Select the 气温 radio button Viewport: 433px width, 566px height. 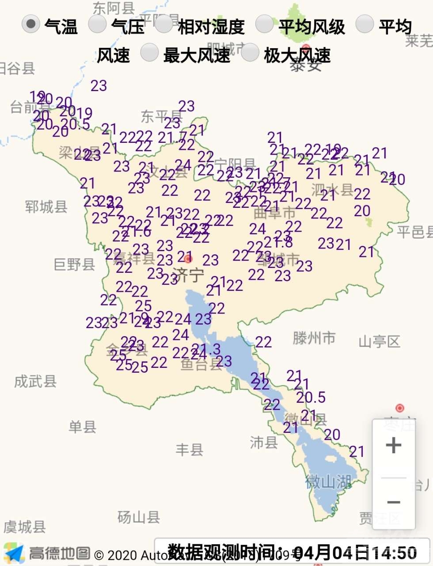[30, 24]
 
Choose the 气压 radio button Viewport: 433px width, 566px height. [97, 24]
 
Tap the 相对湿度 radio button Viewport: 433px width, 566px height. [163, 24]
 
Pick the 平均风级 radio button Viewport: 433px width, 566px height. [264, 24]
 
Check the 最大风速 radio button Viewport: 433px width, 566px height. [149, 53]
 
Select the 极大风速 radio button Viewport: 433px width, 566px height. [250, 53]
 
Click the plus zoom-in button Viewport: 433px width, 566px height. [393, 445]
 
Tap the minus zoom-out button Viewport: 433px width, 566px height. [393, 502]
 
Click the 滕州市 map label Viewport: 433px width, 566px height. [314, 338]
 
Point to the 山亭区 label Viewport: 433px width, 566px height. [379, 341]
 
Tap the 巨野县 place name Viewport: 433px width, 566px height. [74, 264]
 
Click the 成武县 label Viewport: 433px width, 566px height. [35, 381]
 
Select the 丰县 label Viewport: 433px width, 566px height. [189, 450]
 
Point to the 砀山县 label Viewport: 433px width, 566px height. [138, 517]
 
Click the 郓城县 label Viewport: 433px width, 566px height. [46, 207]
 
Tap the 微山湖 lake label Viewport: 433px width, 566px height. [328, 482]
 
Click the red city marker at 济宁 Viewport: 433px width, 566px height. [189, 259]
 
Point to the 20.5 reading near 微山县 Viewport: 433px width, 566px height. [311, 398]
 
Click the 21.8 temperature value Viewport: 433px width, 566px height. [278, 242]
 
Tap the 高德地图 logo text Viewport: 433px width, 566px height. [59, 553]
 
